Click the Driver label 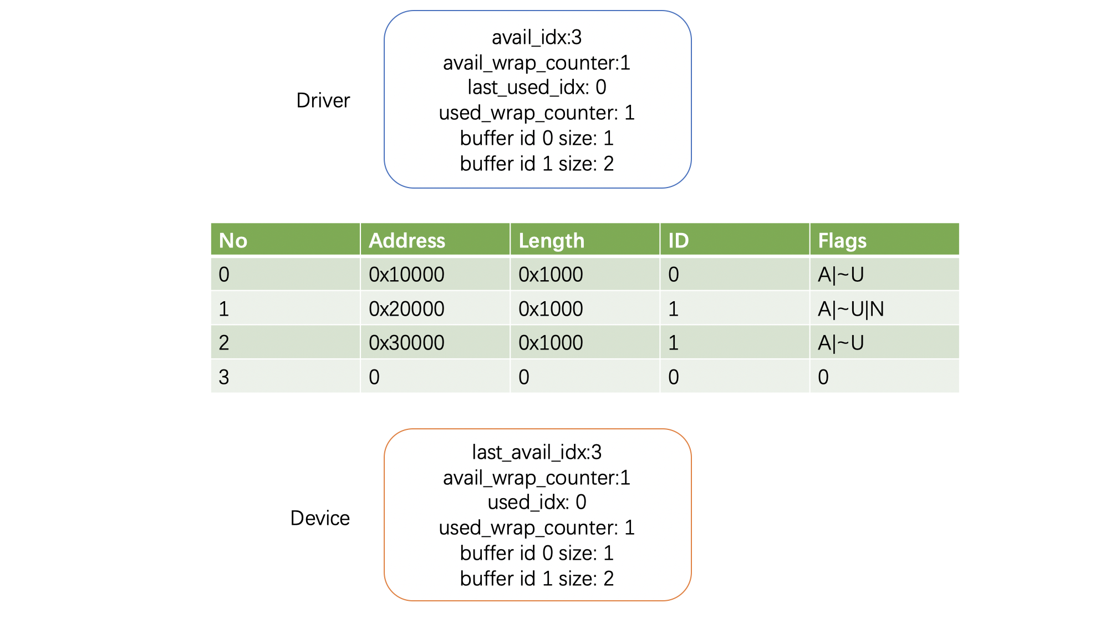[323, 100]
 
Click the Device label [320, 518]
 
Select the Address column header [407, 240]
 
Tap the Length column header [551, 241]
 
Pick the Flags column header [842, 241]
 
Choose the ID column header [679, 240]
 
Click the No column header [233, 240]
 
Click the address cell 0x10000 [406, 275]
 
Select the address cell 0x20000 [406, 309]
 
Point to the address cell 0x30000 [406, 343]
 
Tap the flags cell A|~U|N [851, 309]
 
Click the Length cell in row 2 [551, 343]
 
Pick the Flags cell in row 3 [823, 377]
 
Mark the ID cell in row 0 [674, 275]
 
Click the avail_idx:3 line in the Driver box [537, 37]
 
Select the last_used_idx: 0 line [537, 87]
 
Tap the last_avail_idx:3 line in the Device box [537, 452]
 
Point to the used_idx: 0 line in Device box [537, 502]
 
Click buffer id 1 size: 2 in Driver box [537, 164]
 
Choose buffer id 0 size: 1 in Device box [537, 553]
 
